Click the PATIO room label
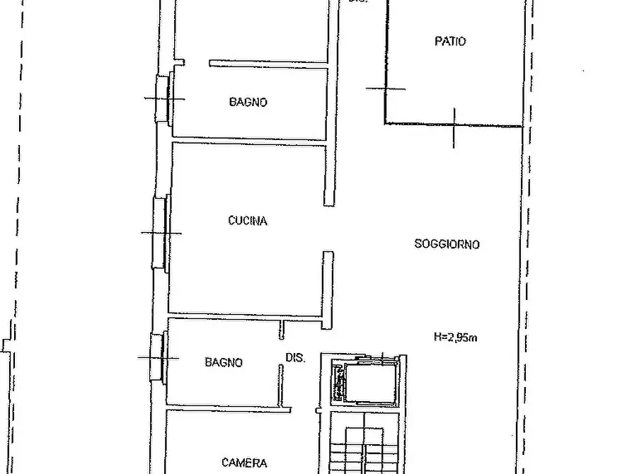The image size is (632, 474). (x=449, y=42)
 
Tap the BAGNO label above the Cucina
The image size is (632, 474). (x=248, y=102)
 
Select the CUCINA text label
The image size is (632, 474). (x=248, y=221)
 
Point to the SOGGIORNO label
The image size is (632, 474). (x=447, y=244)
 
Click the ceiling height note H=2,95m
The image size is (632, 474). (x=456, y=337)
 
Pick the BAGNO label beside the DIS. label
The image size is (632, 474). (x=224, y=362)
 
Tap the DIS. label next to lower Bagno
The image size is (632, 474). (x=295, y=359)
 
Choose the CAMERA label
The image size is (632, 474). (x=244, y=463)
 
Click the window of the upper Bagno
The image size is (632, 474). (x=166, y=99)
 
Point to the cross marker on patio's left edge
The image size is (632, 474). (x=386, y=88)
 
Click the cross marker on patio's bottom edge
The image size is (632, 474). (x=454, y=126)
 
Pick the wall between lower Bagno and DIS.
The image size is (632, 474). (x=281, y=382)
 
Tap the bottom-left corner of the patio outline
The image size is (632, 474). (x=386, y=124)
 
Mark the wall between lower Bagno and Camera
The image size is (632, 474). (x=226, y=409)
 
